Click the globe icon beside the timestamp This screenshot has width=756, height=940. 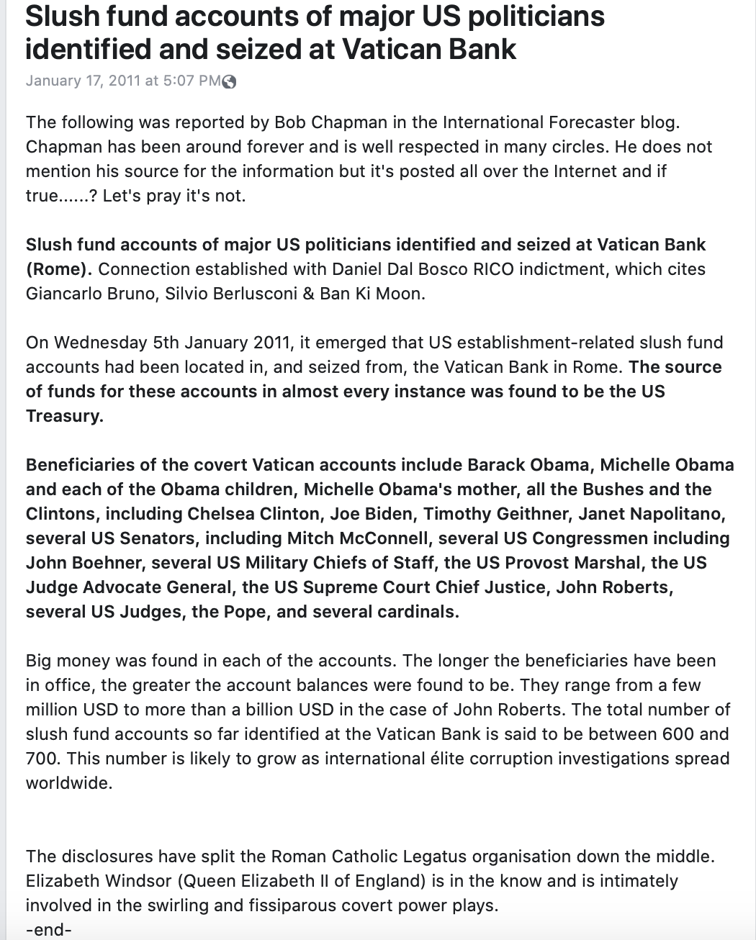pyautogui.click(x=229, y=81)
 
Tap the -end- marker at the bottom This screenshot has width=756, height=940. pyautogui.click(x=48, y=929)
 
